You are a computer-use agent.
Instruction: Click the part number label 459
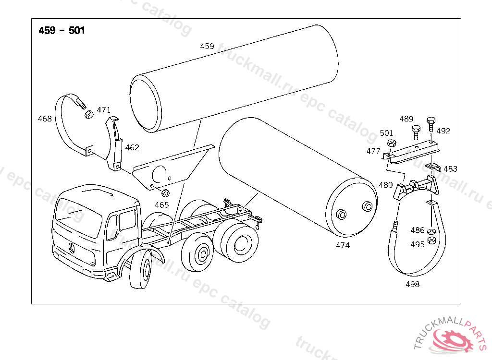click(207, 47)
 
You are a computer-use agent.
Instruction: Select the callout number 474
click(343, 245)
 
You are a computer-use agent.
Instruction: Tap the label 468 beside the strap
click(45, 119)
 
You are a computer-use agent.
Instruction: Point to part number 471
click(103, 110)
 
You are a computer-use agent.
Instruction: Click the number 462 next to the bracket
click(132, 148)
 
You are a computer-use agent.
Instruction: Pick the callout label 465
click(161, 205)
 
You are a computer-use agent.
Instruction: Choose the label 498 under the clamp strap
click(412, 284)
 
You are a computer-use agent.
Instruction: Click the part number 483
click(450, 169)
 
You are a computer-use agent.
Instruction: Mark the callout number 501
click(386, 133)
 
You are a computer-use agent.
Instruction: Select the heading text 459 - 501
click(61, 31)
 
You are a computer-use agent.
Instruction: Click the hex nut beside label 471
click(88, 115)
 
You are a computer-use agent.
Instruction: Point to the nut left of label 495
click(431, 240)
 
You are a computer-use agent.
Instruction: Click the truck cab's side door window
click(127, 221)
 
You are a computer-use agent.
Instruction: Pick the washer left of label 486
click(431, 232)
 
